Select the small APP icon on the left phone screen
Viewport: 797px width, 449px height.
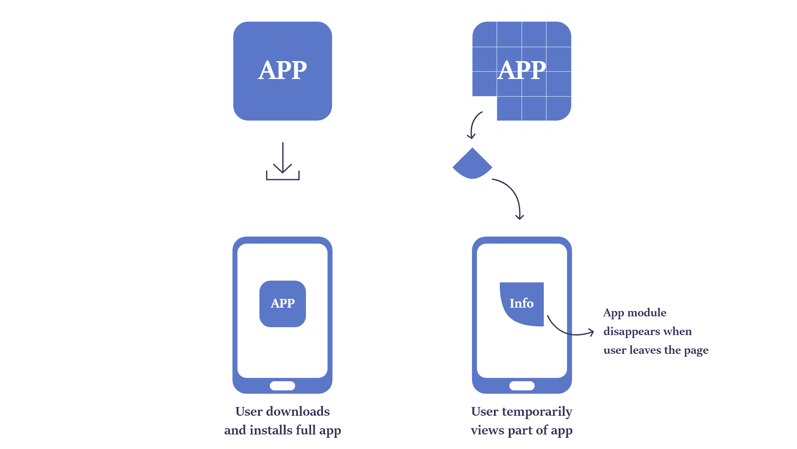point(283,303)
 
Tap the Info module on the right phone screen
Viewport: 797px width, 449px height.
point(522,303)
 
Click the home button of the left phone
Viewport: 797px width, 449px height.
point(282,386)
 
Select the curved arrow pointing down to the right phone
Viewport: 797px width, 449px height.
point(513,195)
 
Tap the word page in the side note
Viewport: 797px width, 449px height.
point(696,350)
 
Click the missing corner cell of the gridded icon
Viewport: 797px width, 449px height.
point(484,109)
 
